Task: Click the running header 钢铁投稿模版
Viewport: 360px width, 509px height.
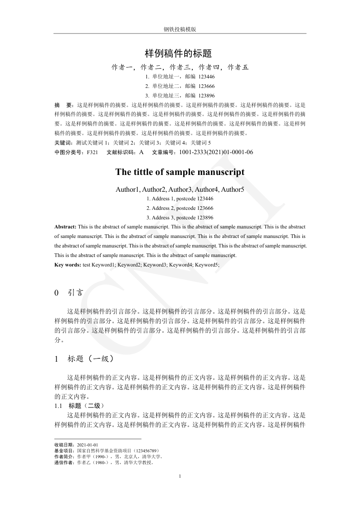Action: [x=180, y=29]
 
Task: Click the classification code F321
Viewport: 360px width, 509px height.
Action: [x=92, y=152]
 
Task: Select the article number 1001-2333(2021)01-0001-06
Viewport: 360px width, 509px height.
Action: [x=216, y=152]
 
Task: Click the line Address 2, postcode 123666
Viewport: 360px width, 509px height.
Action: [x=180, y=208]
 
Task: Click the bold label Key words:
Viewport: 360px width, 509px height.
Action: [x=68, y=265]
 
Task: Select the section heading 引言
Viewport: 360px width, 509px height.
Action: [x=76, y=293]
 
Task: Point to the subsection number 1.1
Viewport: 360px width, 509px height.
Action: [x=58, y=406]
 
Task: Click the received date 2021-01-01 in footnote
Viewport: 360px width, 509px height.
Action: [x=88, y=445]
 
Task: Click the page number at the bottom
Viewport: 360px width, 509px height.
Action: [x=180, y=476]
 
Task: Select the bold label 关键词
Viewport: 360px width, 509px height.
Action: [x=62, y=143]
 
